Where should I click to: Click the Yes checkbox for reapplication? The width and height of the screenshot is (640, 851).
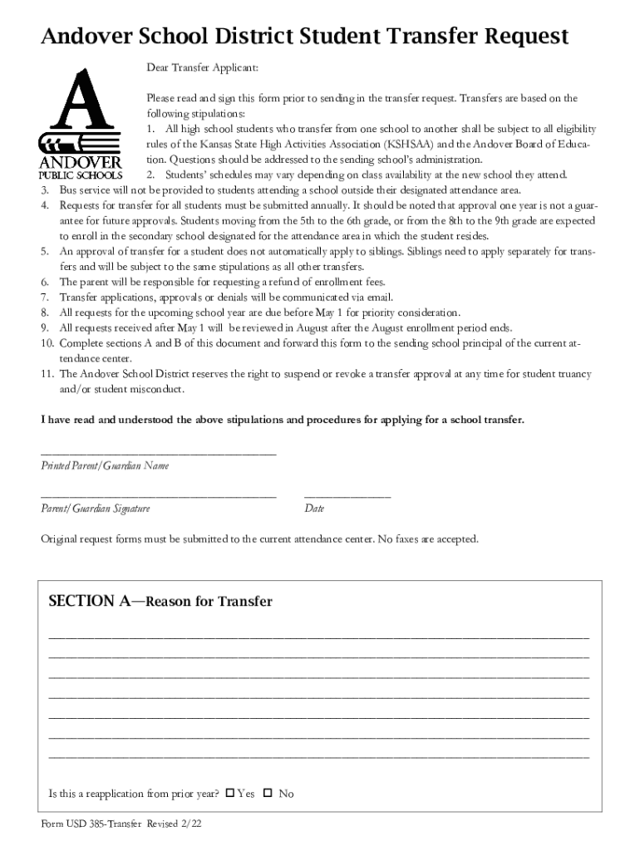point(230,793)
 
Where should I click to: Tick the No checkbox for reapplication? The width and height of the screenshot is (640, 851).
point(268,793)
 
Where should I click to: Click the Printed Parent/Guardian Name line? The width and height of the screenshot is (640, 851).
point(158,453)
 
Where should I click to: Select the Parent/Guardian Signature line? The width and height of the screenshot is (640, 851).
point(158,495)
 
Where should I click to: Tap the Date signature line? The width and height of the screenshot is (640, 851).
point(347,495)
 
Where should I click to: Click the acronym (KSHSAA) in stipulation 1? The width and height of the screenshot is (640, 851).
point(403,144)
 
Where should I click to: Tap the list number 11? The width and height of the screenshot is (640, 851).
point(47,374)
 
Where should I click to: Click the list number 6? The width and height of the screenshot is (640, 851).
point(46,282)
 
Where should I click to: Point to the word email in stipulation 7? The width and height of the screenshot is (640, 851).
point(379,297)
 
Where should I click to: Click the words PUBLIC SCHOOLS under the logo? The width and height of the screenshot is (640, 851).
point(81,175)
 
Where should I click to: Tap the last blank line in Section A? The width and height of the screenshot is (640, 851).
point(319,757)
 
